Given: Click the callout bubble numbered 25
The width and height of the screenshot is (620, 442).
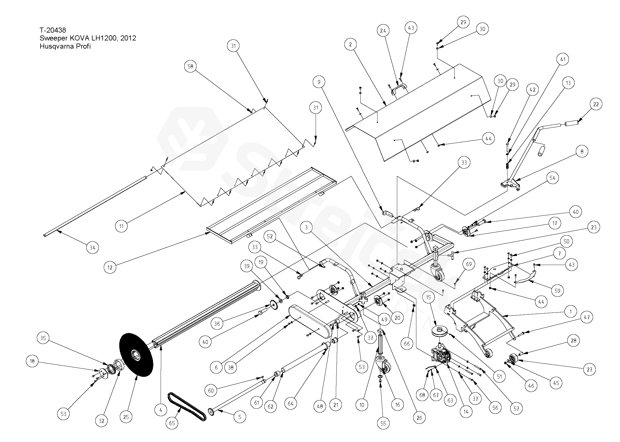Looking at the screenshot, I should [x=126, y=417].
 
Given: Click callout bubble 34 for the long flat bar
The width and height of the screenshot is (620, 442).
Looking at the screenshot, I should [x=93, y=248].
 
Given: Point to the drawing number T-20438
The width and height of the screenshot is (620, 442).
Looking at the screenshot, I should [x=53, y=30].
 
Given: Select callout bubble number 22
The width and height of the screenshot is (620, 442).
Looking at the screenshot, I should [x=596, y=104].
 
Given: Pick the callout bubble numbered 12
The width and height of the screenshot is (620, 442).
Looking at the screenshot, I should [x=110, y=267].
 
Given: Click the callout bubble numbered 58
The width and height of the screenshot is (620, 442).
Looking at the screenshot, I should [x=190, y=66].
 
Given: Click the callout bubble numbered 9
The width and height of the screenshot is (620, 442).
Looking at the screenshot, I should [x=319, y=82].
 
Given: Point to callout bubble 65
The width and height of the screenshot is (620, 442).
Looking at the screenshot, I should [x=172, y=423].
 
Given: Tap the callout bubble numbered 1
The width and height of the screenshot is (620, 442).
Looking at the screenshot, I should [x=570, y=312].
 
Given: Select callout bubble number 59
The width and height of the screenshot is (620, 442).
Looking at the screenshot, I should [x=557, y=291].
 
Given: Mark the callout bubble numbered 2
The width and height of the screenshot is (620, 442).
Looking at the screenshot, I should [x=350, y=44].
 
